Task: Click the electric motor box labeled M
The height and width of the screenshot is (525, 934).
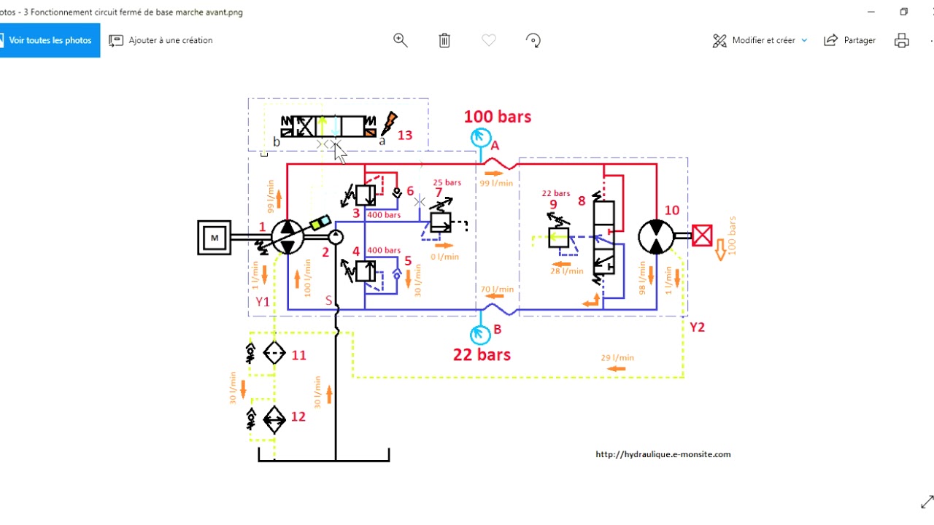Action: coord(215,238)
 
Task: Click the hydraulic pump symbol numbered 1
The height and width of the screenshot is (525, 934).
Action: coord(287,236)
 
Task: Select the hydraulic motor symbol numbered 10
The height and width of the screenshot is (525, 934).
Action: coord(656,236)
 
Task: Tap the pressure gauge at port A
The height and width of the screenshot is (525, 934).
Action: coord(480,136)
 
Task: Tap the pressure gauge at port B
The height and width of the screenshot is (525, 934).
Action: coord(480,334)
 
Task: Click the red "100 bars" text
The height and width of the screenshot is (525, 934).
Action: coord(498,117)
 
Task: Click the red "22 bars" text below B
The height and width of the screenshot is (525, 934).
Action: coord(482,355)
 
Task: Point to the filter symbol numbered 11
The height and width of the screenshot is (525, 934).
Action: coord(274,354)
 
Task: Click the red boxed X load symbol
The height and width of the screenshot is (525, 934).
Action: coord(702,236)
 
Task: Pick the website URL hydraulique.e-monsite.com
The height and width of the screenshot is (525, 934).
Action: coord(663,454)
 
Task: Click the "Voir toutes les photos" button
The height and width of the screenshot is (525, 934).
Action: coord(50,40)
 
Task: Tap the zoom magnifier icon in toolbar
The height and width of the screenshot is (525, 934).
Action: coord(401,40)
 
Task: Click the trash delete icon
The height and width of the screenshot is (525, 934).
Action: coord(444,40)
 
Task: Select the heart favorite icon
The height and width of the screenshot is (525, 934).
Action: coord(489,40)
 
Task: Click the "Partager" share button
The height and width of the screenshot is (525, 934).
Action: coord(850,40)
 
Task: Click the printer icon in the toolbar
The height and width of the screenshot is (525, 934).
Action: coord(902,40)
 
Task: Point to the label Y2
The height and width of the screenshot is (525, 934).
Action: coord(698,327)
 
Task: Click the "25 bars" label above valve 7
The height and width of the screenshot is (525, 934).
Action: coord(447,182)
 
